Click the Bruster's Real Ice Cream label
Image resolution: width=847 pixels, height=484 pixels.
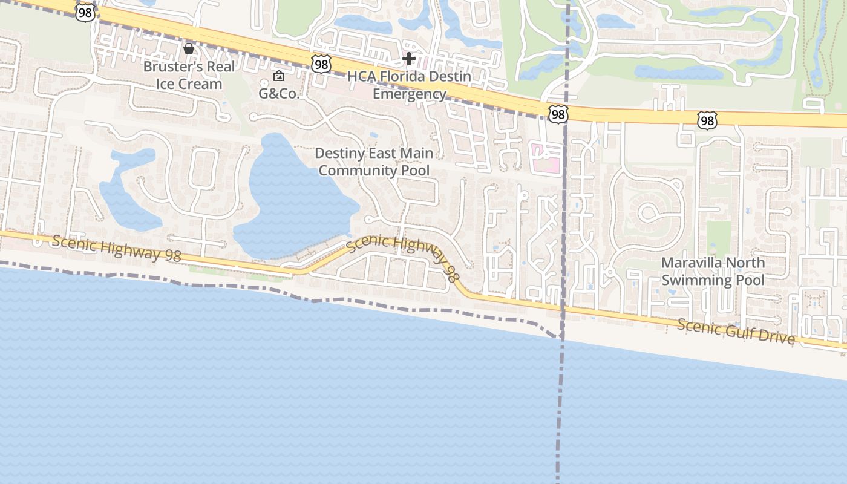tap(189, 75)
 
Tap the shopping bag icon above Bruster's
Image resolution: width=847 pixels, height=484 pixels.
tap(189, 48)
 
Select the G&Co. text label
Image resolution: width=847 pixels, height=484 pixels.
tap(279, 93)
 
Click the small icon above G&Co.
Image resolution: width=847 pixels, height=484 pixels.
tap(279, 76)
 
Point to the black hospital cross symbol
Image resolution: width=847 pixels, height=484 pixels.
tap(409, 59)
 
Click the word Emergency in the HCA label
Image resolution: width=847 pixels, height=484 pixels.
tap(409, 94)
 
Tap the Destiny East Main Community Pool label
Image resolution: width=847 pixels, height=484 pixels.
tap(374, 162)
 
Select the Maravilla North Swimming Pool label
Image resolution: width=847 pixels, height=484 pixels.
tap(713, 271)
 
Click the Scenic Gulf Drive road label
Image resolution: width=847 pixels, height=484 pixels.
tap(736, 330)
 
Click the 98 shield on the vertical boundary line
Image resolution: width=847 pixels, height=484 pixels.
tap(558, 113)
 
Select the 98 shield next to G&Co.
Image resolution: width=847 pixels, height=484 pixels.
tap(321, 64)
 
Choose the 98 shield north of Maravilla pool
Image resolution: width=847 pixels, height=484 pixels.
tap(707, 120)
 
